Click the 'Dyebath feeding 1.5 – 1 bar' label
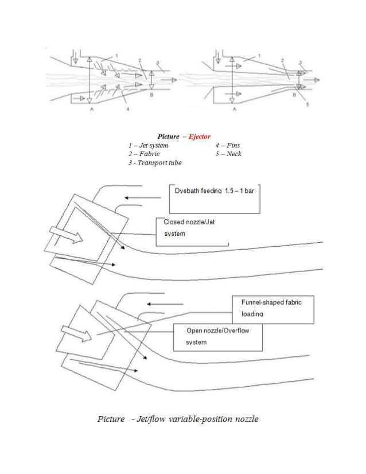213,190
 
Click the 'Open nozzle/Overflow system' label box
218,337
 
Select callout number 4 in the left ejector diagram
127,107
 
